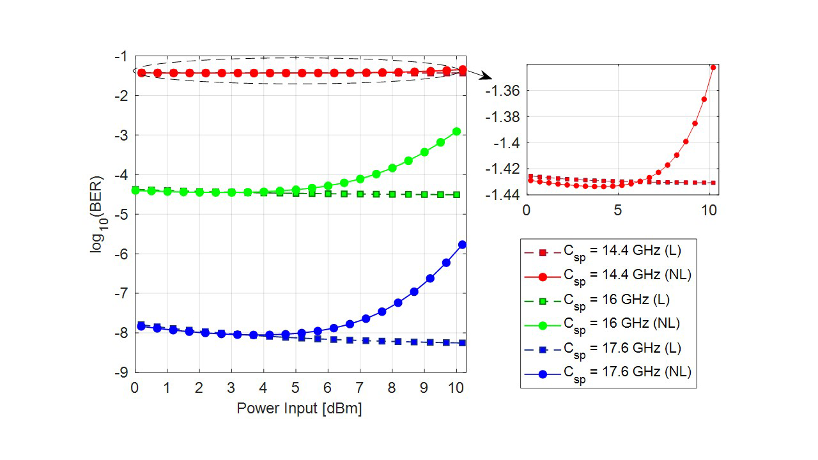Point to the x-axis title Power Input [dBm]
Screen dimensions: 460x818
click(x=299, y=409)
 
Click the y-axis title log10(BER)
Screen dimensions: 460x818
click(x=98, y=215)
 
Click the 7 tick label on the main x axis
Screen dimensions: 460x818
click(x=360, y=388)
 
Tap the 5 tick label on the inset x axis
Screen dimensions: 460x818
click(x=617, y=210)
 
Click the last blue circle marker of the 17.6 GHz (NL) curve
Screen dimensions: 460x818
click(x=462, y=245)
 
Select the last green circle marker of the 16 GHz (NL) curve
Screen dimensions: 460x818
click(x=456, y=131)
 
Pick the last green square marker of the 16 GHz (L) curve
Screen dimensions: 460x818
click(x=456, y=194)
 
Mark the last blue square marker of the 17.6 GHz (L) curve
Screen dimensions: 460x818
click(x=462, y=343)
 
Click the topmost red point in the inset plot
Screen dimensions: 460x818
click(x=713, y=67)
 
